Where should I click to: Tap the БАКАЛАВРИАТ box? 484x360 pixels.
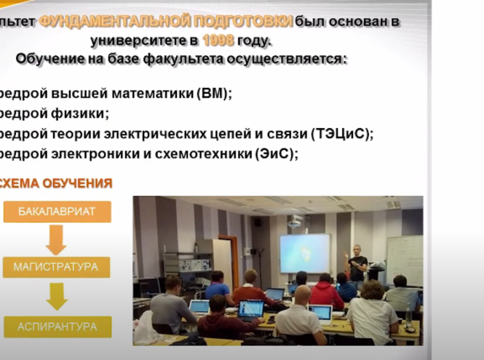[57, 212]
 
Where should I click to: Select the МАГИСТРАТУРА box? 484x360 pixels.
[56, 267]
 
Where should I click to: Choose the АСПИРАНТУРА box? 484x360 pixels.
[56, 327]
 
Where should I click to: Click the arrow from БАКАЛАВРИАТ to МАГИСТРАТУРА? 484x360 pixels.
[56, 239]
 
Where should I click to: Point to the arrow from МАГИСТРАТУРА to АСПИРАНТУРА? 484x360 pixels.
[56, 296]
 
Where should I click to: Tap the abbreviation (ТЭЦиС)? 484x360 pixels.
[341, 134]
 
